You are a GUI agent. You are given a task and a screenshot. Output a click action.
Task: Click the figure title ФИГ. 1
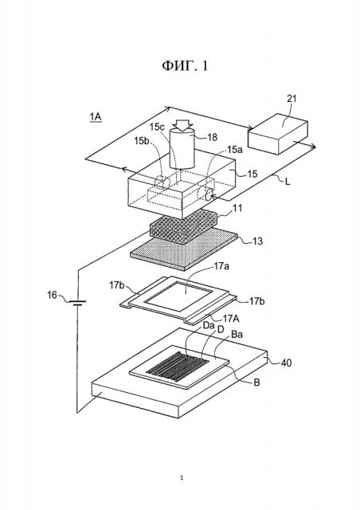click(x=185, y=66)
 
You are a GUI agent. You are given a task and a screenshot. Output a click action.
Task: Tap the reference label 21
click(x=292, y=98)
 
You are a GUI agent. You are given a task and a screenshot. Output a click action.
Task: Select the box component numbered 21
click(x=278, y=133)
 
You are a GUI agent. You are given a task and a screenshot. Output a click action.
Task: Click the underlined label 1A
click(x=96, y=116)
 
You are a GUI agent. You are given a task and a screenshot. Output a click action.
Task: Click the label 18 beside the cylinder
click(x=212, y=137)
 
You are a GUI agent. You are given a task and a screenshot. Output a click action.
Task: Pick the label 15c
click(x=157, y=127)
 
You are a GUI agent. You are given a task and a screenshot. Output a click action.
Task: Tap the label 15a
click(x=235, y=150)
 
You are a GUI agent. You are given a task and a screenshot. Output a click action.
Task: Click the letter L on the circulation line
click(x=288, y=181)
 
